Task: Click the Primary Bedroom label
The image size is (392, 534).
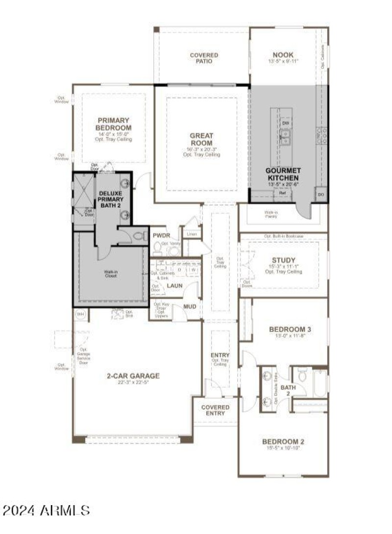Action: click(x=113, y=124)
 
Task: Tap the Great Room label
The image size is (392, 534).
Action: click(x=201, y=139)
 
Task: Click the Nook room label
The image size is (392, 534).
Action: click(x=283, y=55)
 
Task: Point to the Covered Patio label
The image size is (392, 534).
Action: click(x=204, y=59)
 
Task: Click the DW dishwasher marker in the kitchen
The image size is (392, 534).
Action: click(x=286, y=124)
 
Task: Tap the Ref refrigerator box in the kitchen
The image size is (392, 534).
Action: click(x=282, y=193)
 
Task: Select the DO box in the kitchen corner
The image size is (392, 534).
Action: click(x=321, y=194)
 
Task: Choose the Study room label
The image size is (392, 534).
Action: click(x=283, y=260)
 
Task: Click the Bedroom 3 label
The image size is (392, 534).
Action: click(x=290, y=329)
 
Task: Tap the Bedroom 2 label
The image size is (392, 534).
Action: click(x=283, y=441)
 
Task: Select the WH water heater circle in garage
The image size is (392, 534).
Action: click(x=79, y=314)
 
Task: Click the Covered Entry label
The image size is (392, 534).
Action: click(x=215, y=410)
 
